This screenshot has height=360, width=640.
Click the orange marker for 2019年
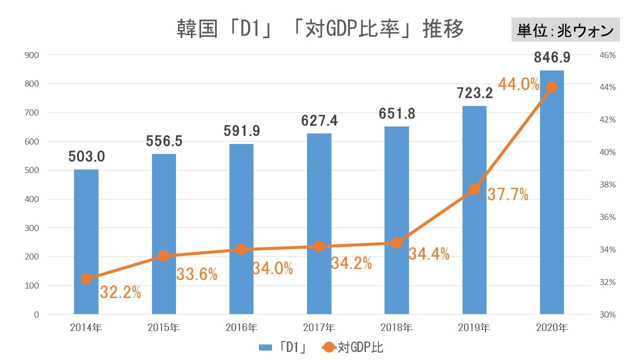(474, 189)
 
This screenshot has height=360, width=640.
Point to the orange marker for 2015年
(163, 256)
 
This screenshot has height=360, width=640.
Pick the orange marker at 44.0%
(552, 87)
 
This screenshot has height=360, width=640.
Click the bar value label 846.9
(552, 57)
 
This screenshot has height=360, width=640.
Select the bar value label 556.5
(164, 141)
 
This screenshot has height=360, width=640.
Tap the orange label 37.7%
(507, 195)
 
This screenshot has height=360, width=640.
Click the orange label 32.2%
(120, 292)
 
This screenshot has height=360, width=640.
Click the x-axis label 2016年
(241, 328)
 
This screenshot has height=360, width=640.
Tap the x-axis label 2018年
(396, 328)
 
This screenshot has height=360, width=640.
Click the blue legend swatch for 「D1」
(265, 347)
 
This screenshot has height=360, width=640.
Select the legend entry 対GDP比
(360, 347)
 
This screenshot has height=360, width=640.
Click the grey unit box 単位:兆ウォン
(565, 30)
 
